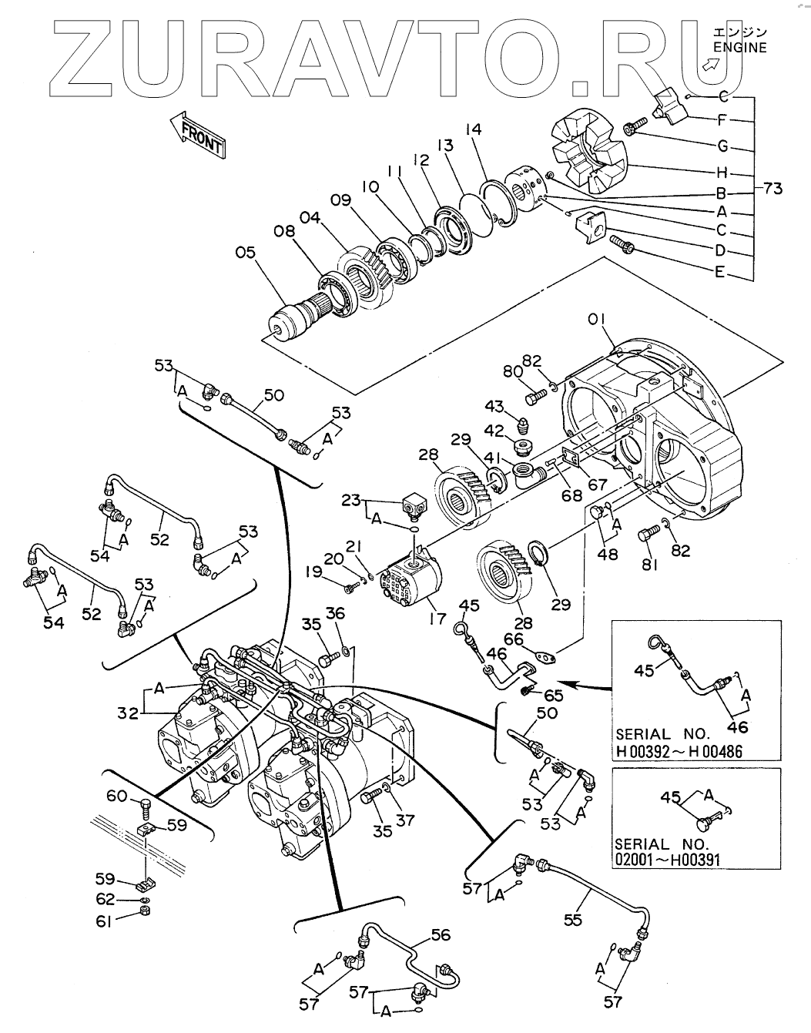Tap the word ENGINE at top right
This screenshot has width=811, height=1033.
click(739, 47)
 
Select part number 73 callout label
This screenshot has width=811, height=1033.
click(776, 187)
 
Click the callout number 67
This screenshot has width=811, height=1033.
click(598, 485)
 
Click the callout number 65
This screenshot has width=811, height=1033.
click(553, 695)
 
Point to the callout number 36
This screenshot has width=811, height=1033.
click(335, 613)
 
